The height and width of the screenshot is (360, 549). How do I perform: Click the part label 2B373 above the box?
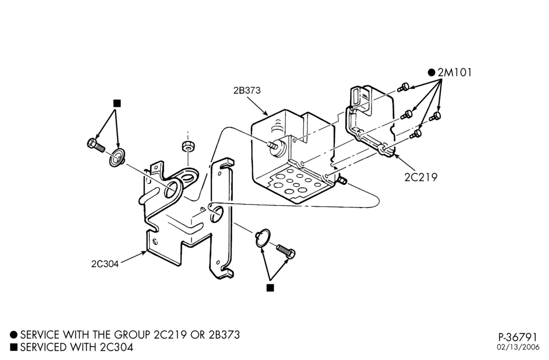click(x=247, y=90)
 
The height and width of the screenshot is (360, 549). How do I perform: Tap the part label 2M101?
click(x=455, y=72)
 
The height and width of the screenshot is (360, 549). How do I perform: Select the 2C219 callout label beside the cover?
click(x=421, y=177)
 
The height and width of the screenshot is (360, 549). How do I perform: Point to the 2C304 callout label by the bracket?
click(x=105, y=264)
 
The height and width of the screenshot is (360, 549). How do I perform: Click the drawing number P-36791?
click(x=518, y=337)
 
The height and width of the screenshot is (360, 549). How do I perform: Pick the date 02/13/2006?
click(x=518, y=347)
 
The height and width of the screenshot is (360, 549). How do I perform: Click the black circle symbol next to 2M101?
click(x=432, y=72)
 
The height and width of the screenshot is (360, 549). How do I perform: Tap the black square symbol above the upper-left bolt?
click(x=117, y=103)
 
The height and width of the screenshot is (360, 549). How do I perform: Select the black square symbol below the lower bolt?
click(x=270, y=288)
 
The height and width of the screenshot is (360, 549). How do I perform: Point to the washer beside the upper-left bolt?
click(x=117, y=157)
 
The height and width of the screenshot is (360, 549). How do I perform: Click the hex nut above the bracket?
click(x=188, y=145)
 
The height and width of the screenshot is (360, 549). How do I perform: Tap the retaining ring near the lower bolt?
click(x=262, y=238)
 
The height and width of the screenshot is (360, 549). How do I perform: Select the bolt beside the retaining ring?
click(x=285, y=251)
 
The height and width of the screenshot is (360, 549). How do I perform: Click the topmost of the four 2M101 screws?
click(x=404, y=87)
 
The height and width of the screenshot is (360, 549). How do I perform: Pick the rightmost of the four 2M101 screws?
click(x=435, y=116)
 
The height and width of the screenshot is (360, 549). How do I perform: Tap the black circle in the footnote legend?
click(x=14, y=335)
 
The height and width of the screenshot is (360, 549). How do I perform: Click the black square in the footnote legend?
click(x=14, y=347)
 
